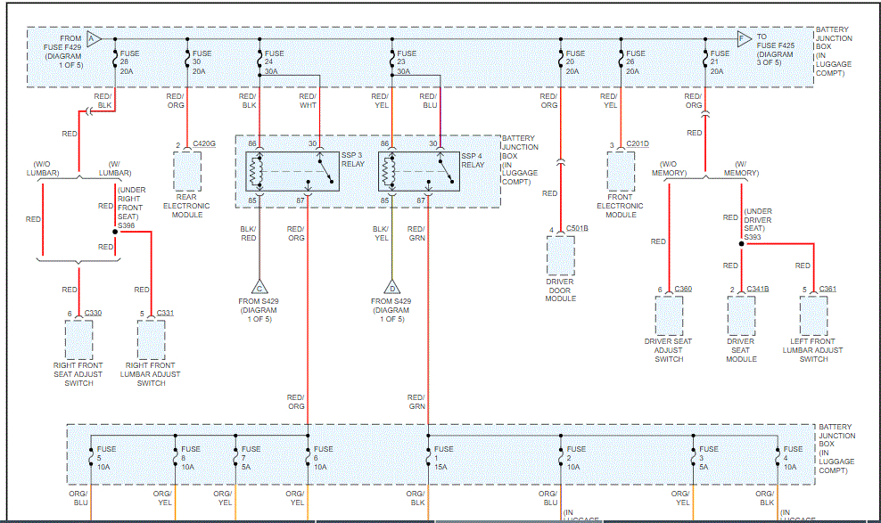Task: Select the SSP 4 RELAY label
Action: click(x=473, y=160)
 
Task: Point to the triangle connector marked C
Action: click(x=259, y=287)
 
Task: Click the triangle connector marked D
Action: click(x=391, y=287)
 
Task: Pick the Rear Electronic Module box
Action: click(x=187, y=171)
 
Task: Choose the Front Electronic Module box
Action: click(x=622, y=171)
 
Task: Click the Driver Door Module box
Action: click(x=561, y=255)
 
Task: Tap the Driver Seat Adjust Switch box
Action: click(x=669, y=315)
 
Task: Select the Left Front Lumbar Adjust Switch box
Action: click(x=813, y=315)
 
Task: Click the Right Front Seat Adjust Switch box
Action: click(x=78, y=339)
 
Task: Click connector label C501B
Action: click(x=575, y=229)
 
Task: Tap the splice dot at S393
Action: click(x=741, y=242)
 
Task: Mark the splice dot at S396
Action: click(x=115, y=232)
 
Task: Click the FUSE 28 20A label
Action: click(x=129, y=61)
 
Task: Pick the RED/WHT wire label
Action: click(x=307, y=101)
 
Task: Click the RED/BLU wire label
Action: click(x=429, y=101)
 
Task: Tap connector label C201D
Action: click(x=637, y=143)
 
